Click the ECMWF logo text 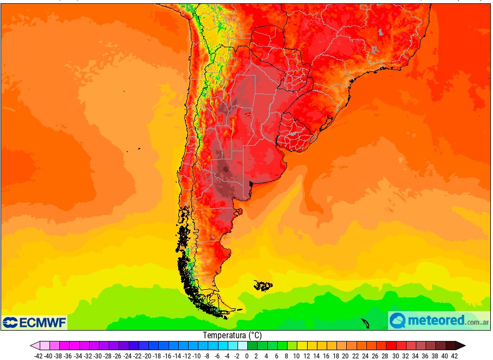coord(42,322)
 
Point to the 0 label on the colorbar coord(247,356)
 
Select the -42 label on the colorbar coord(38,356)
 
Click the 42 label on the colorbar coord(454,356)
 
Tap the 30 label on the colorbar coord(395,356)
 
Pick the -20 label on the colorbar coord(147,356)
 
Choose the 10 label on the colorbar coord(296,356)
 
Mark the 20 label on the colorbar coord(346,356)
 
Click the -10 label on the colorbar coord(196,356)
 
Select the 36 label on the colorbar coord(425,356)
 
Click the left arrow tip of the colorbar coord(33,345)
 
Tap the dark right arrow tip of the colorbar coord(462,345)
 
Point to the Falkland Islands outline coord(264,285)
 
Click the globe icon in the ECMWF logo coord(10,322)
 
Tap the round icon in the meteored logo coord(398,320)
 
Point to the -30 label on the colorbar coord(97,356)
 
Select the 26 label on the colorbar coord(375,356)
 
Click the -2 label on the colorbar coord(236,356)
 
